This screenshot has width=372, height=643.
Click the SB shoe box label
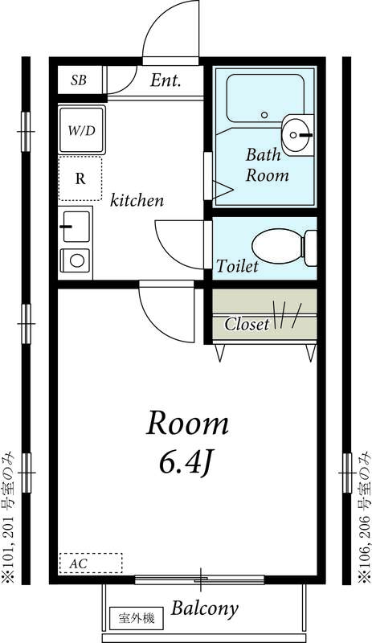[78, 80]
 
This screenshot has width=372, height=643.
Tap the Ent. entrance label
[166, 80]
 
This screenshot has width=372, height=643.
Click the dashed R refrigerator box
[80, 178]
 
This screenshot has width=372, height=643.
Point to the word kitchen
[137, 200]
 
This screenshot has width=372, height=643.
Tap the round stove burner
[77, 260]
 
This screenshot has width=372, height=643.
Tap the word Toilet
[237, 266]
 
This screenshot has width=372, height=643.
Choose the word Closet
[247, 325]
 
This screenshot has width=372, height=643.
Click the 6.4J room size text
[186, 462]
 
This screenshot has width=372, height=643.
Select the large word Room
[186, 424]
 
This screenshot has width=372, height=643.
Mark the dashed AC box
[90, 563]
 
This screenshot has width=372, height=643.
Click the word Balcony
[204, 608]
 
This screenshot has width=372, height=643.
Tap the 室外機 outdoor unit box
[136, 619]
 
